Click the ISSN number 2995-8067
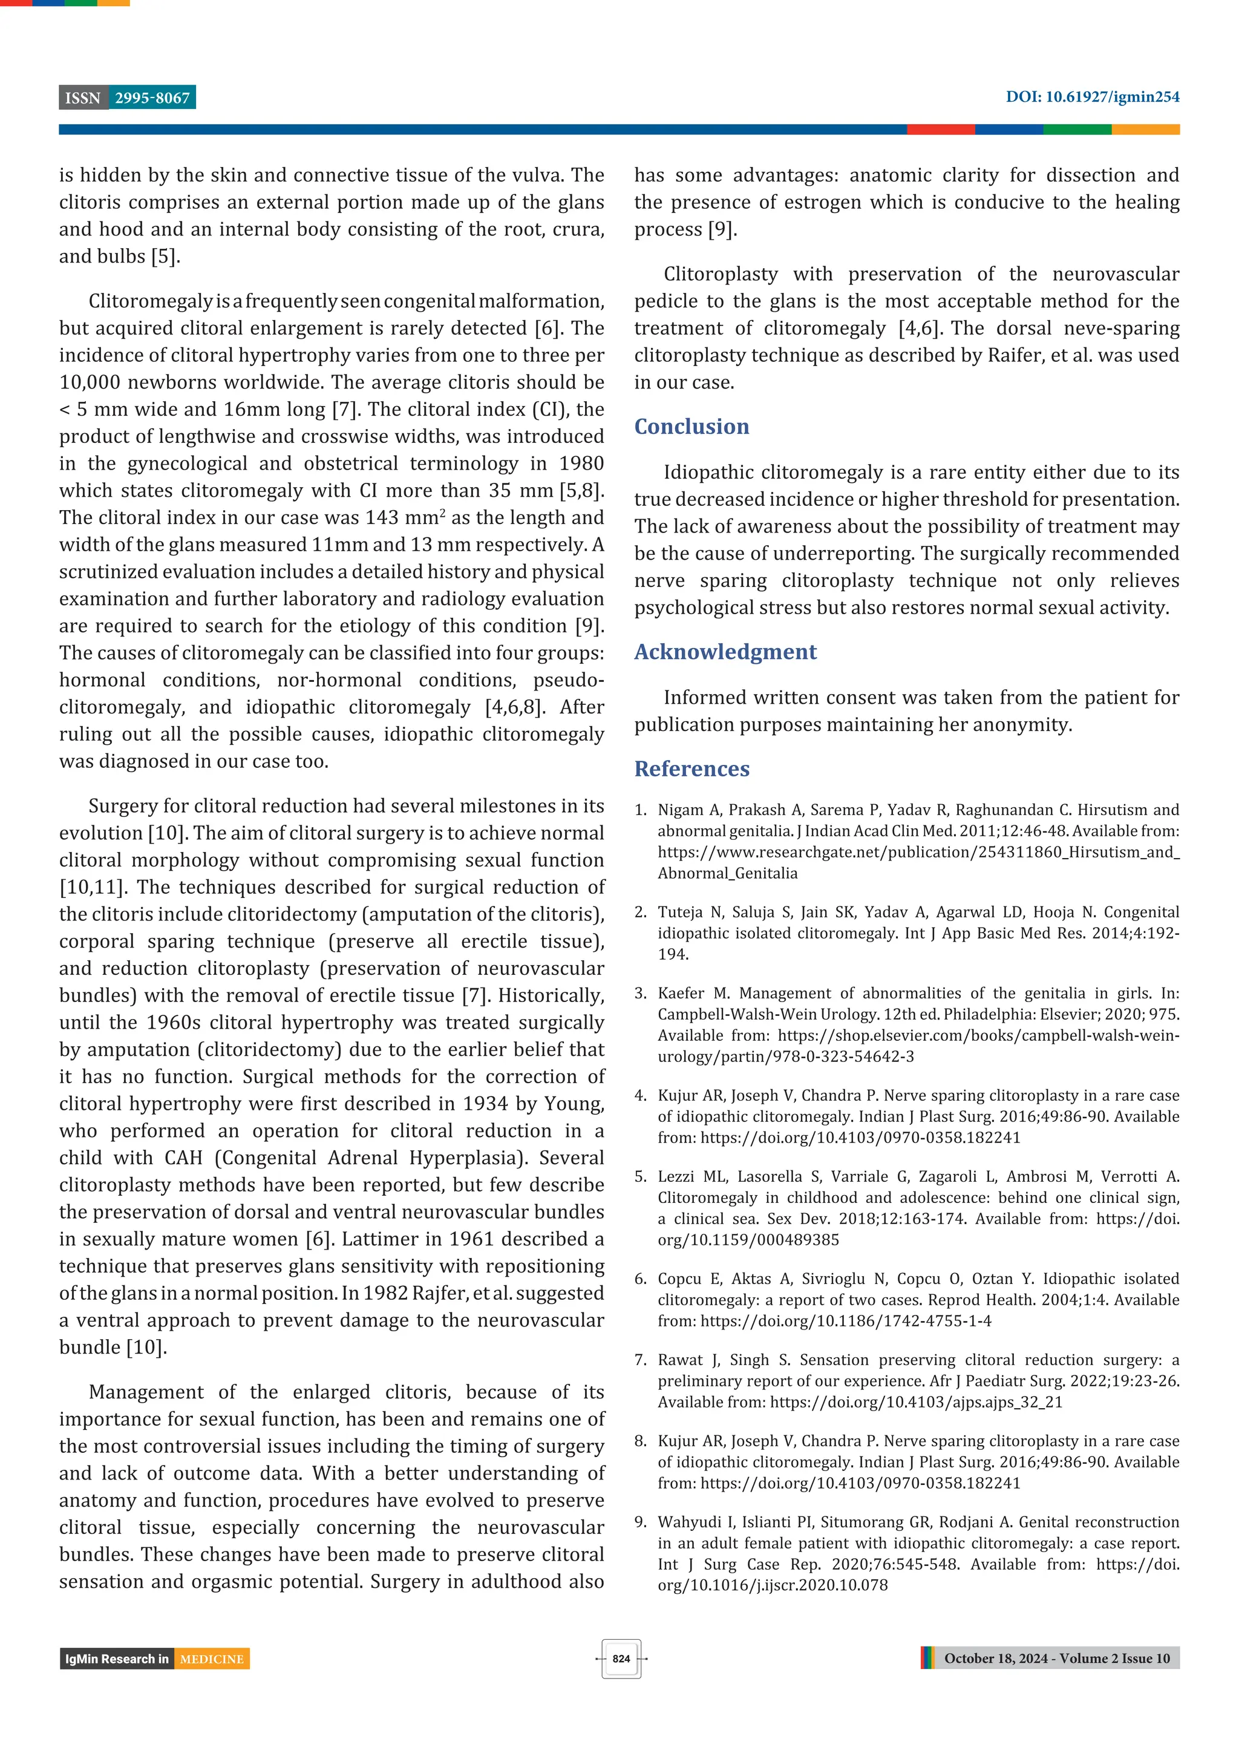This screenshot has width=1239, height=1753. pos(152,98)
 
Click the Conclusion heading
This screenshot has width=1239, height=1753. pos(691,426)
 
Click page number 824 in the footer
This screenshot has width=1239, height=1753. pos(621,1659)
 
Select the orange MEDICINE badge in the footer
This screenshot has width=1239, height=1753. pos(212,1659)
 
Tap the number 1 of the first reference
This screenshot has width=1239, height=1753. pos(639,810)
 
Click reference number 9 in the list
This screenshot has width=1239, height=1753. pos(639,1522)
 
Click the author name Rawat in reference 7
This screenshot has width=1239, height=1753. pos(679,1360)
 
